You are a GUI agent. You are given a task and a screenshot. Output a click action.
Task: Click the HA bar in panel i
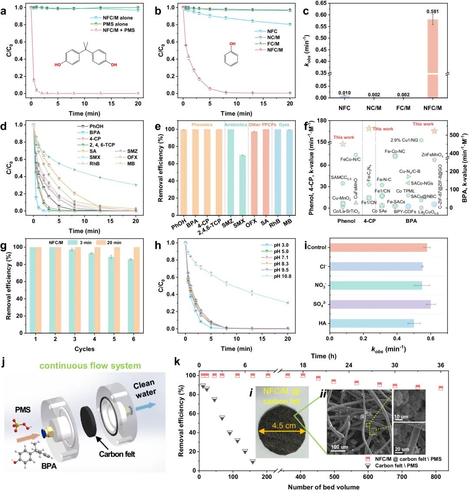click(371, 323)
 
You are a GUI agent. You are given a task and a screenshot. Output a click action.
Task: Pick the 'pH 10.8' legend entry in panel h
click(272, 276)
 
